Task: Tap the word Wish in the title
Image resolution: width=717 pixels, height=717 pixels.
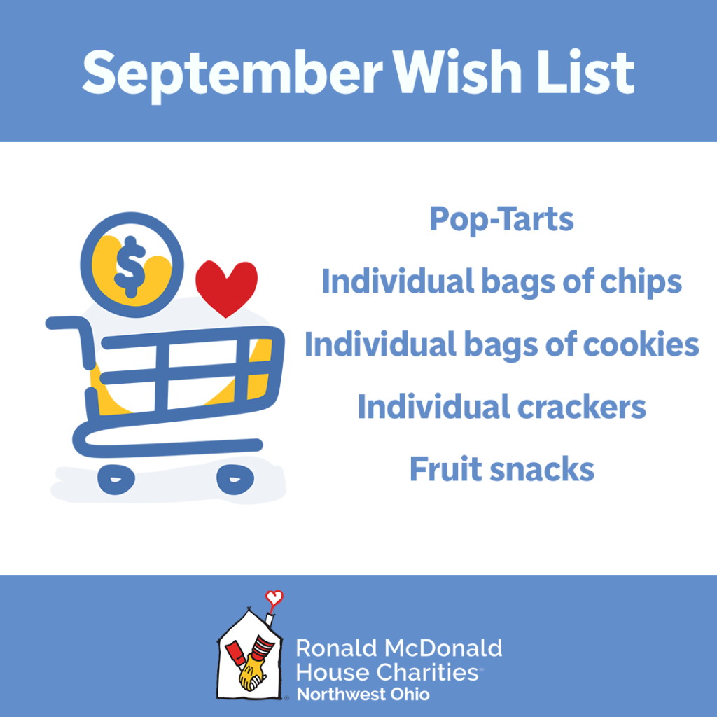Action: click(x=457, y=72)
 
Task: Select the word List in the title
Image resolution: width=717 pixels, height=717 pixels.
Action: click(x=586, y=72)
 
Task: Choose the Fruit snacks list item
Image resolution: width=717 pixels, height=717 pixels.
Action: click(x=501, y=469)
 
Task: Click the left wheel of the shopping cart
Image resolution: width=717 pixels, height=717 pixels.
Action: click(x=116, y=480)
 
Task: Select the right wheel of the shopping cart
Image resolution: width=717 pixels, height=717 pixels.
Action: click(x=235, y=480)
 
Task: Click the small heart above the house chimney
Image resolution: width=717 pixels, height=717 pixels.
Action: click(x=274, y=598)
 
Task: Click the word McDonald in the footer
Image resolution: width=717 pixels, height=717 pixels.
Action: click(x=443, y=648)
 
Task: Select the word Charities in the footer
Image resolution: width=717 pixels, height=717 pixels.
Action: click(x=427, y=672)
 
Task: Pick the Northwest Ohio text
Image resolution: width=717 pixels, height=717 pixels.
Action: click(x=363, y=694)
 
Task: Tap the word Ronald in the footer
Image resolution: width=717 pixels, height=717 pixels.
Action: click(x=337, y=648)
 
